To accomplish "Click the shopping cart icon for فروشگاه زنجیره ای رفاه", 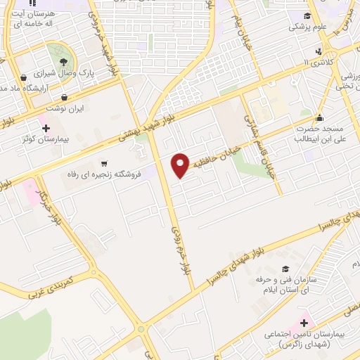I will point(105,162).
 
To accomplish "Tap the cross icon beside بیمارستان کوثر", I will point(46,128).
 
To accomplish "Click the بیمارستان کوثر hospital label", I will point(44,139).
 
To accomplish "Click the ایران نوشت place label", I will point(65,109).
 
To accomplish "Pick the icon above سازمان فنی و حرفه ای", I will point(285,269).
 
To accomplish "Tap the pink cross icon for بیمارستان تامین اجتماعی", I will point(304,323).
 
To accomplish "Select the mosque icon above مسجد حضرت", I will point(319,118).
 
